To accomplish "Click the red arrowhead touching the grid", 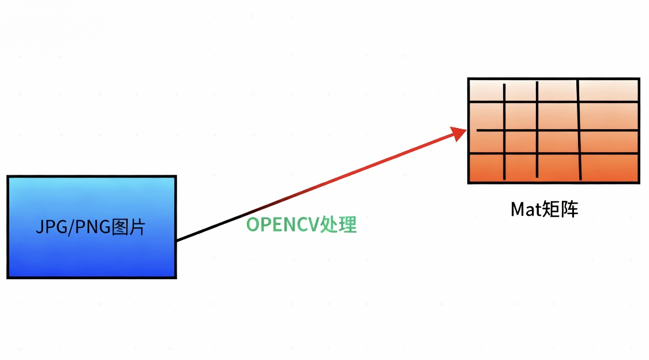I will pyautogui.click(x=459, y=134).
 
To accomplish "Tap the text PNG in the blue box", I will pyautogui.click(x=92, y=227).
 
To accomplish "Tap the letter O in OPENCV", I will pyautogui.click(x=252, y=224).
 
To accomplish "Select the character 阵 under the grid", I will pyautogui.click(x=569, y=209).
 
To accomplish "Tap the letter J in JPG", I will pyautogui.click(x=40, y=227).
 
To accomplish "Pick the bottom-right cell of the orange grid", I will pyautogui.click(x=609, y=167).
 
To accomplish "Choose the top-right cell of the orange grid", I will pyautogui.click(x=608, y=91).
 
